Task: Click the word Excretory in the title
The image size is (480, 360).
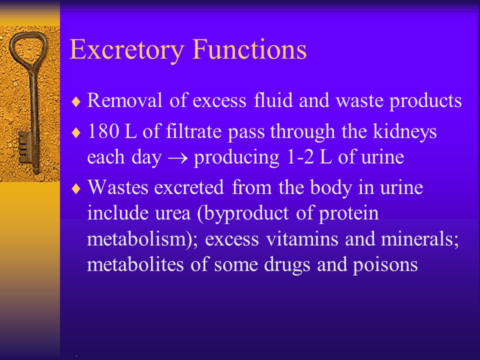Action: [x=126, y=50]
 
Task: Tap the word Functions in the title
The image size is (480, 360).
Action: [x=249, y=49]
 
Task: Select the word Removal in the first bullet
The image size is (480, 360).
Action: [x=124, y=100]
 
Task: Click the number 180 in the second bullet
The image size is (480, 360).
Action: [x=103, y=131]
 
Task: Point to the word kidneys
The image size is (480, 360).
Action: [x=405, y=132]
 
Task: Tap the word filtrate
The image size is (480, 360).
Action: [x=194, y=131]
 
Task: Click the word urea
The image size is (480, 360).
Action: [x=173, y=213]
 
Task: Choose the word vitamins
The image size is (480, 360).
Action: [x=302, y=239]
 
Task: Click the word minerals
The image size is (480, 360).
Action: [x=402, y=239]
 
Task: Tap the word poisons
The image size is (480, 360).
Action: [x=385, y=265]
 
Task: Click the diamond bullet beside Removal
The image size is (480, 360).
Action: [x=76, y=101]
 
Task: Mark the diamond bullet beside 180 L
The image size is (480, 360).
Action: [x=76, y=133]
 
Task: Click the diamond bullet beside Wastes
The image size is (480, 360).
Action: [x=76, y=188]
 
